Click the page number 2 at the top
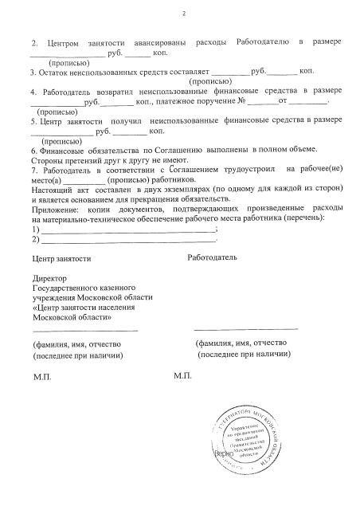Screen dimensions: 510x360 coord(182,14)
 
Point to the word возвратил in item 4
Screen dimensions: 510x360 coord(121,92)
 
